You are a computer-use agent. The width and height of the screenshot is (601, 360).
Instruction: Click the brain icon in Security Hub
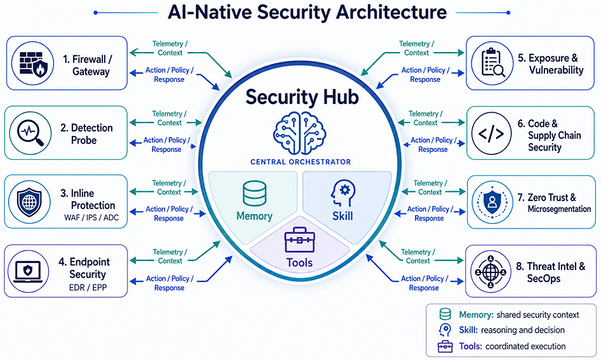click(300, 133)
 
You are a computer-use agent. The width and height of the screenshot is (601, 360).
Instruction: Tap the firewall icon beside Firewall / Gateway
click(33, 63)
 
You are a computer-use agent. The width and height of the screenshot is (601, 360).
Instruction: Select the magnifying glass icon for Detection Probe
click(30, 133)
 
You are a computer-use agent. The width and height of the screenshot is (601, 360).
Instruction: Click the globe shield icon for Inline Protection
click(29, 202)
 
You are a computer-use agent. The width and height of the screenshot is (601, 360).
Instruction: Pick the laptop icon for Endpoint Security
click(28, 272)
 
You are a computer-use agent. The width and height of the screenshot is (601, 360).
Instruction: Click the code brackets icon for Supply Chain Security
click(491, 134)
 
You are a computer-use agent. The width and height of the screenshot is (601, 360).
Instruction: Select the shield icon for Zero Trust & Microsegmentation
click(492, 202)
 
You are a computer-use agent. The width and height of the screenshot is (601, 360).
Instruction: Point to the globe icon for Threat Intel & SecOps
click(490, 272)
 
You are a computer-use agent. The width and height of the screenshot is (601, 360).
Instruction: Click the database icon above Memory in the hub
click(255, 194)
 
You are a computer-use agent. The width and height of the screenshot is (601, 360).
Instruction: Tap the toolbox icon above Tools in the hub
click(300, 240)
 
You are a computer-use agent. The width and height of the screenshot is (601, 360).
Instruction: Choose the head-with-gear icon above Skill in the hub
click(342, 194)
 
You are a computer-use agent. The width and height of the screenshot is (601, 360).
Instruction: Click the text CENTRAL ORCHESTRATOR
click(300, 162)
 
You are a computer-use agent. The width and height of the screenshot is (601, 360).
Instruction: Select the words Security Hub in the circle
click(302, 97)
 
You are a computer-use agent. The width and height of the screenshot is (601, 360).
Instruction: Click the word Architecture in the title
click(391, 12)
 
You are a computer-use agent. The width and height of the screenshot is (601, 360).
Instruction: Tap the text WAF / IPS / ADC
click(91, 218)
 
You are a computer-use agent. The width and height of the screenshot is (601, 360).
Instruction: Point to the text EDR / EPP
click(88, 287)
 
